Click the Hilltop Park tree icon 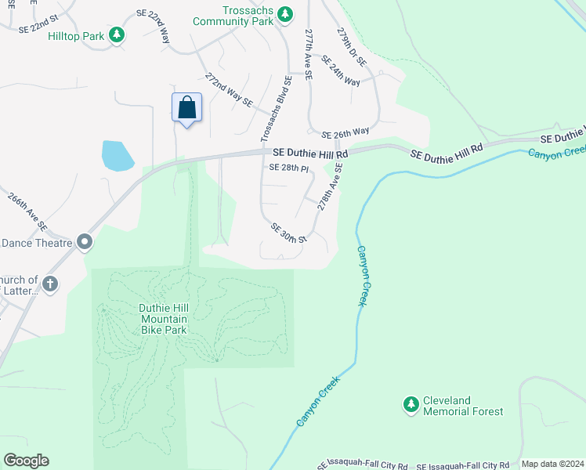point(117,34)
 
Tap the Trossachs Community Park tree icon point(286,13)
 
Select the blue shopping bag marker point(187,107)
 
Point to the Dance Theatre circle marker point(85,243)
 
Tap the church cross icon point(49,283)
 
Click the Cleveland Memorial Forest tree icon point(411,404)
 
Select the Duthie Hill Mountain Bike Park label point(164,319)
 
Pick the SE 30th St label point(288,232)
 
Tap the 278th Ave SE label point(331,186)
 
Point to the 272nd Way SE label point(229,90)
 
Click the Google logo point(26,461)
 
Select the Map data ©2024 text point(552,464)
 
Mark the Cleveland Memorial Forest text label point(462,405)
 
